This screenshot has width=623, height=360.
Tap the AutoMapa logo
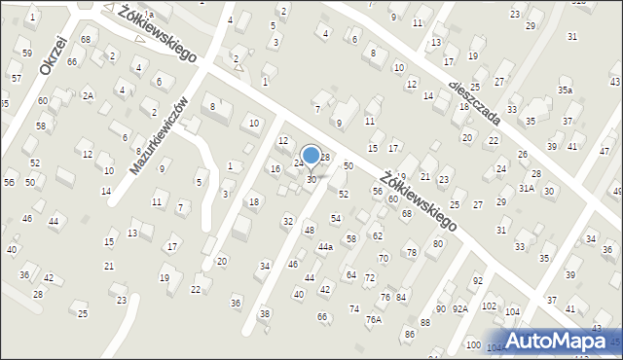click(558, 341)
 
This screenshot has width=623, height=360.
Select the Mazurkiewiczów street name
click(158, 135)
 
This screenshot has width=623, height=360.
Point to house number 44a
click(325, 247)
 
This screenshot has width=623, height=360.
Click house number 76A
click(374, 319)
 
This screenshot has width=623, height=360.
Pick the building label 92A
click(459, 308)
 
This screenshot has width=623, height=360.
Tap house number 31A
click(527, 189)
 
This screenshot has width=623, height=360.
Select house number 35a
click(566, 90)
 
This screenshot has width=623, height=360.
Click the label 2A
click(88, 95)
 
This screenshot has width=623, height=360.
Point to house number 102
click(489, 306)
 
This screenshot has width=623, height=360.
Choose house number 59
click(26, 53)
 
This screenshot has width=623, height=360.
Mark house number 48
click(309, 230)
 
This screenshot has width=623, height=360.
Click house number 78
click(411, 252)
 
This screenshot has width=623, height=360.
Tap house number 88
click(424, 322)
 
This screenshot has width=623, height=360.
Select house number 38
click(264, 313)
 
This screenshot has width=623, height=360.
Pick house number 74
click(353, 308)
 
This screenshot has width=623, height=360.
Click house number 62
click(378, 236)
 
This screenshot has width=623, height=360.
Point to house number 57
click(16, 77)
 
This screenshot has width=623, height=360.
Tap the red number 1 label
click(266, 82)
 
